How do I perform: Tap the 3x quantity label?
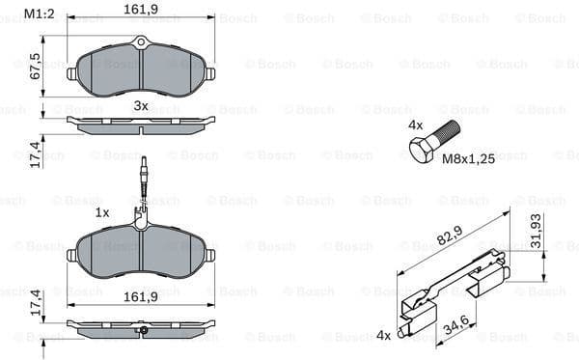141,104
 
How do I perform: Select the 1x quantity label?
101,211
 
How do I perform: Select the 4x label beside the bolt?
416,125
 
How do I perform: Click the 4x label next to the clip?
385,335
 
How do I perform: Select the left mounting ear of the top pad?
72,73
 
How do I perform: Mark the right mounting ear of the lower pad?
209,256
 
